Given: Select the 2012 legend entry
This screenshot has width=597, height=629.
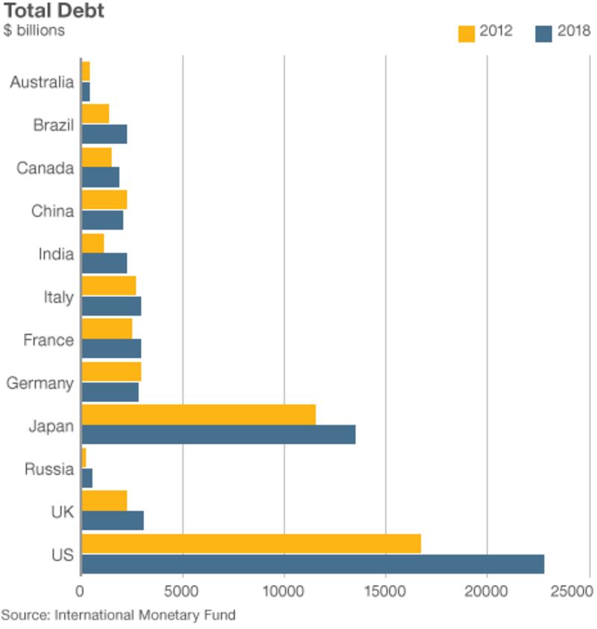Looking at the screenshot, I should click(x=485, y=31).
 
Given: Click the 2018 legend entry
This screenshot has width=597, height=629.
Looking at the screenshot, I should click(x=563, y=31).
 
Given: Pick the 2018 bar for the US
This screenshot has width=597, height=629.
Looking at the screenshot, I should click(x=313, y=564).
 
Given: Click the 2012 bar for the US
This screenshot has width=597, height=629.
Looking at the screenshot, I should click(x=251, y=543).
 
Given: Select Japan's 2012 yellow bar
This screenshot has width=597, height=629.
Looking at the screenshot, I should click(x=199, y=414).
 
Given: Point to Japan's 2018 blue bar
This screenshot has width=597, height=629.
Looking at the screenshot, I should click(x=218, y=434).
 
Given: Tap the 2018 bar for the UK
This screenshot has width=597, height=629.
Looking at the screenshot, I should click(x=112, y=520).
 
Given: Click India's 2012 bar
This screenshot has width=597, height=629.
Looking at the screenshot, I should click(x=93, y=242).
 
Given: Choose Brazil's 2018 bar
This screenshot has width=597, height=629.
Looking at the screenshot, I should click(x=104, y=134).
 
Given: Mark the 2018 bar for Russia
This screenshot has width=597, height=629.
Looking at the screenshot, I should click(x=87, y=478).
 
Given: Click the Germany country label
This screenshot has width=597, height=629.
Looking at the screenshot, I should click(x=40, y=384).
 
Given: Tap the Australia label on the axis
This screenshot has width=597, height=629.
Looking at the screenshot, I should click(x=42, y=82).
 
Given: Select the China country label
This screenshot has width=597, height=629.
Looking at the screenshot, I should click(x=52, y=211).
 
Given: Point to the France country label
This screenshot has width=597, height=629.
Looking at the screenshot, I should click(x=49, y=340).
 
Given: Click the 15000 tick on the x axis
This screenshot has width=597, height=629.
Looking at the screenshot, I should click(x=385, y=592).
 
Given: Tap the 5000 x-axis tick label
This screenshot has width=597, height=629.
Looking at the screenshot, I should click(x=182, y=592).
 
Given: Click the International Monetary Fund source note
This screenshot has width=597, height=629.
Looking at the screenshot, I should click(x=118, y=616).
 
